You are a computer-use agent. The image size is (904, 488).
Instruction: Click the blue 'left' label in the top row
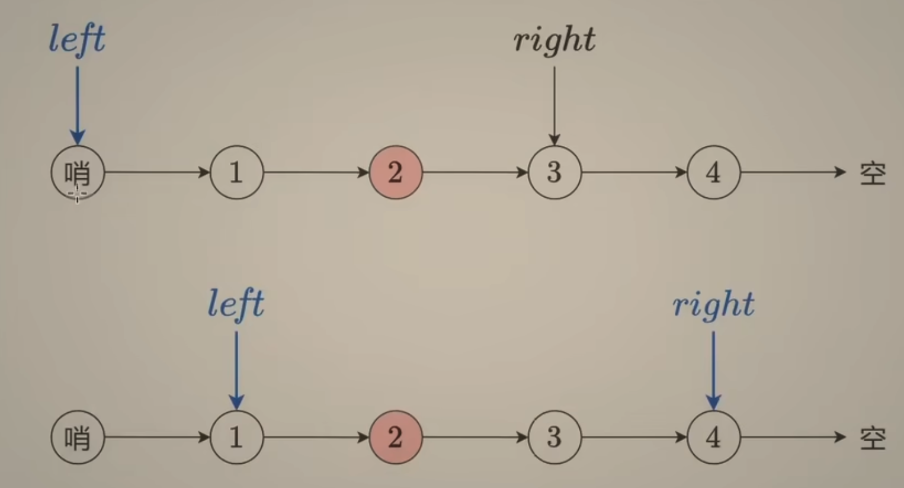77,39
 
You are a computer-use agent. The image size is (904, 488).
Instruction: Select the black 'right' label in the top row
554,40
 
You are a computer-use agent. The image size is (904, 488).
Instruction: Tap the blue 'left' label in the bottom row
236,304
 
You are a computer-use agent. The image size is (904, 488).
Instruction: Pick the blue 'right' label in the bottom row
713,304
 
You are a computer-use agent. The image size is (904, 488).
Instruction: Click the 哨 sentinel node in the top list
78,172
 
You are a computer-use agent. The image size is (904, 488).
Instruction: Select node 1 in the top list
236,172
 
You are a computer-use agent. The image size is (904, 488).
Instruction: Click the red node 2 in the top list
396,172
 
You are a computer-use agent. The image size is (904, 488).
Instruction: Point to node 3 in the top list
554,172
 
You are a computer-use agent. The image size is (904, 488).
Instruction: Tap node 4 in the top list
714,172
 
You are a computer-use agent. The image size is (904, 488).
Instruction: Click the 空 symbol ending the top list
873,174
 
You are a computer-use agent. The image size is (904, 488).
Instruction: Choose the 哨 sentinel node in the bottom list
78,438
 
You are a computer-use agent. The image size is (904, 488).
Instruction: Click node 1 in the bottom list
236,438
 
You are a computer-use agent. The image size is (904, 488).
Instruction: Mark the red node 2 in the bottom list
396,438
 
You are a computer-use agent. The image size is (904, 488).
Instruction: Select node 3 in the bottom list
554,438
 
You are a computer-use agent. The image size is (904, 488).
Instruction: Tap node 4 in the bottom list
714,438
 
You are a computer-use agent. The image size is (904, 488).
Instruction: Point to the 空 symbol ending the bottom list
873,439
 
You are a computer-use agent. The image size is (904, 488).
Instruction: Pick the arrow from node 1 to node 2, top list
316,172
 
